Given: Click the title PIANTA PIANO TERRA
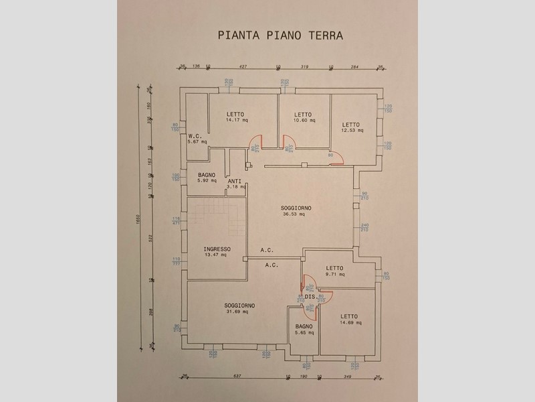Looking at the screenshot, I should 281,34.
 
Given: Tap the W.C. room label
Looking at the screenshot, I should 195,135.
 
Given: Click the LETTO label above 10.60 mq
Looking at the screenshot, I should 303,115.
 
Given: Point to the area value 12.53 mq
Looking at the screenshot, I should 352,131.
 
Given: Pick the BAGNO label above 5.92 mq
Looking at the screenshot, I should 206,174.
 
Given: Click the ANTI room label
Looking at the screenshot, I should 234,181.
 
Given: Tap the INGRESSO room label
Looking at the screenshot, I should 217,249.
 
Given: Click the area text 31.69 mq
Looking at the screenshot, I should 239,312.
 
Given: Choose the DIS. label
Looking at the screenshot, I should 310,295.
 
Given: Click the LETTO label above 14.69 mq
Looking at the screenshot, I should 349,316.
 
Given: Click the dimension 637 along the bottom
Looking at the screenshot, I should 236,376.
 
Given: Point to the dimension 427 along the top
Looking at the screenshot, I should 243,66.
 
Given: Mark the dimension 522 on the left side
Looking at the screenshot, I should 151,239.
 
